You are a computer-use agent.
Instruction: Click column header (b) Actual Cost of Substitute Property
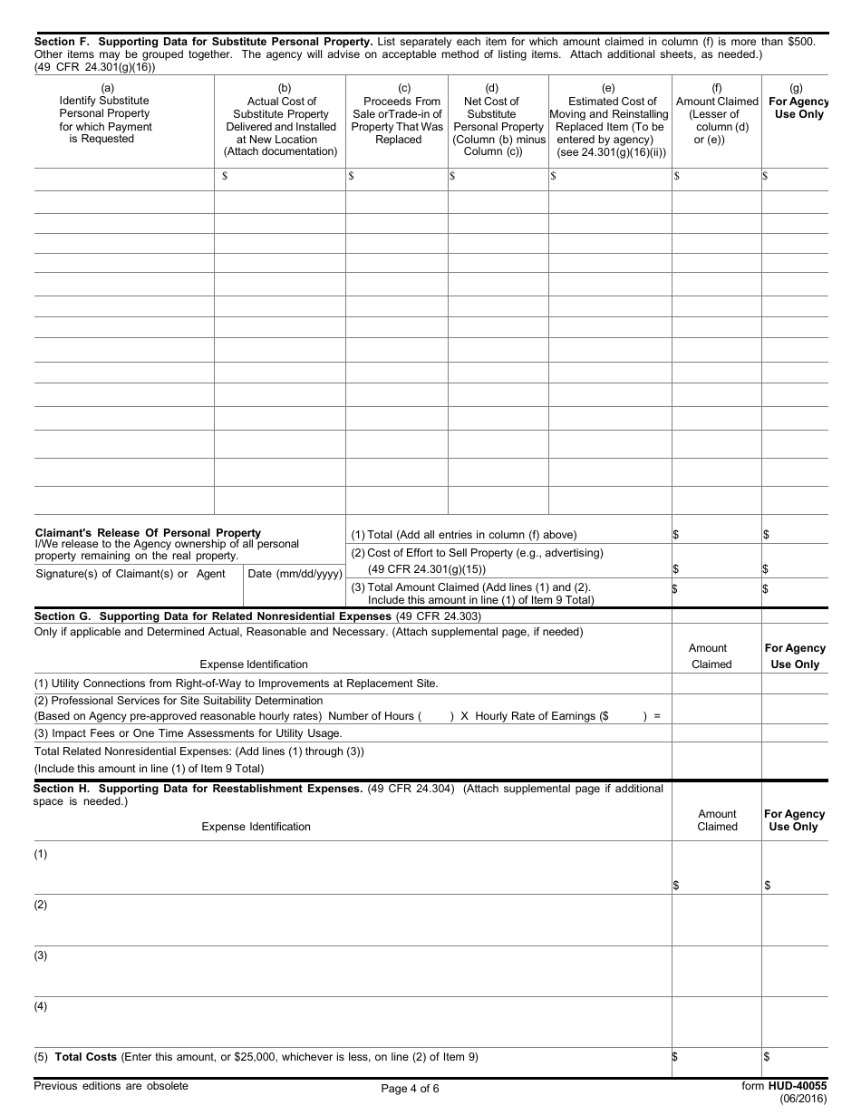[x=281, y=121]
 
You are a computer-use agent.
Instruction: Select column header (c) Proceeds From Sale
[x=398, y=114]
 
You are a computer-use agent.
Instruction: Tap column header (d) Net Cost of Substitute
[x=497, y=121]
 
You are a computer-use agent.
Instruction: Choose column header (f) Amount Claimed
[x=716, y=114]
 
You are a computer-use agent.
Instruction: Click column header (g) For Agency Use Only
[x=796, y=102]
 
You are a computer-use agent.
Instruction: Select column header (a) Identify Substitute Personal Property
[x=105, y=114]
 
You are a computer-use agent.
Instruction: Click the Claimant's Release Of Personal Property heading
[x=148, y=533]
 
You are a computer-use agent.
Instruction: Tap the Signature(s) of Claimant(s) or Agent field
[x=130, y=574]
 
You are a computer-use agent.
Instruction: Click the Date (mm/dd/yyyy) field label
[x=295, y=574]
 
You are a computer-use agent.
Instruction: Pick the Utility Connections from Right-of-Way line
[x=236, y=683]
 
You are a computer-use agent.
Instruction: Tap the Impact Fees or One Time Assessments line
[x=188, y=733]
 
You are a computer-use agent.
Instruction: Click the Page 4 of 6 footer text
[x=410, y=1089]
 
